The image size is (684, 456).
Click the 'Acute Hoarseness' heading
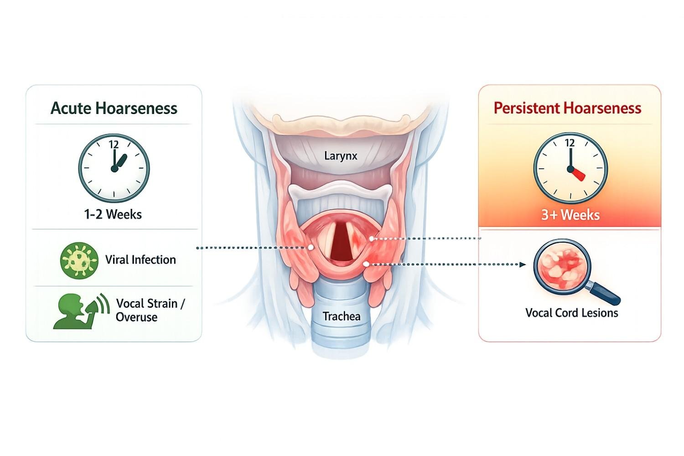(x=114, y=108)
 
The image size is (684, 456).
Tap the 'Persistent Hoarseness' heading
(x=567, y=108)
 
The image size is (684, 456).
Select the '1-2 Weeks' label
(x=113, y=214)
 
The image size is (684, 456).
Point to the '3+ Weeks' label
(x=570, y=214)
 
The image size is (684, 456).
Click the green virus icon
(x=79, y=260)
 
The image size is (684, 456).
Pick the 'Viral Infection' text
(x=140, y=259)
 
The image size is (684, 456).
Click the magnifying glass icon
(x=564, y=269)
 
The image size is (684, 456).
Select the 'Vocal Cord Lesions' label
(x=571, y=313)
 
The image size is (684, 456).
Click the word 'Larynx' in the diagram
(x=341, y=156)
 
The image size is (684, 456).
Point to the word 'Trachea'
(x=341, y=316)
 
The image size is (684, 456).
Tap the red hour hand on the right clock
(x=577, y=174)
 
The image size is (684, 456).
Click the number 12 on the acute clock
(x=114, y=145)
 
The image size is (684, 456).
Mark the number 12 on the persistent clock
(x=570, y=143)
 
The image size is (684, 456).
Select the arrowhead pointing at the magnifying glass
(x=523, y=264)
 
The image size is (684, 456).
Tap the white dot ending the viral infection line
(x=311, y=248)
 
